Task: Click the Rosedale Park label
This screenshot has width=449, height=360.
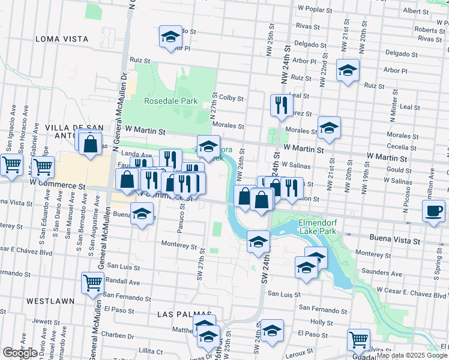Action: pos(171,101)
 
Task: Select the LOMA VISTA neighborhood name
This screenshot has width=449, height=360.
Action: pos(62,38)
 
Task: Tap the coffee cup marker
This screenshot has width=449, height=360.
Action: pos(433,211)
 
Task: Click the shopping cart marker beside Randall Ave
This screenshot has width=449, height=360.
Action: pos(92,282)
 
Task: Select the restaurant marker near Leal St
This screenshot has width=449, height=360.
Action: pos(281,106)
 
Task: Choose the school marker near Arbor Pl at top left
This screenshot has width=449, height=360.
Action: pos(170,37)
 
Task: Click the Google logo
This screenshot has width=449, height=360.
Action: pos(20,353)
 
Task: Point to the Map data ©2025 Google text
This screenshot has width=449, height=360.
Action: pos(412,355)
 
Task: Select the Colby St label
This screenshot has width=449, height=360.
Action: pos(231,98)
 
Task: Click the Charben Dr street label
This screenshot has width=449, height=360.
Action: pos(117,335)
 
